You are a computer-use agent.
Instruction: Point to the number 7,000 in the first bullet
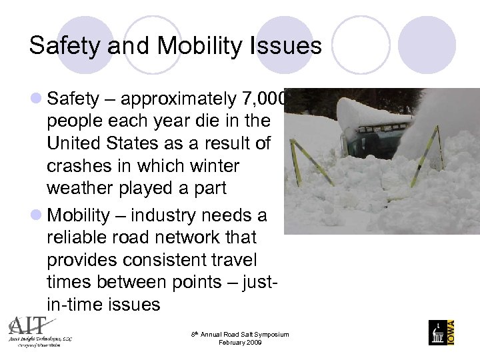pyautogui.click(x=263, y=99)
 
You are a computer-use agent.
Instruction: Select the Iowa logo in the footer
pyautogui.click(x=441, y=331)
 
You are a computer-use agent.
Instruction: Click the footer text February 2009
pyautogui.click(x=239, y=343)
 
